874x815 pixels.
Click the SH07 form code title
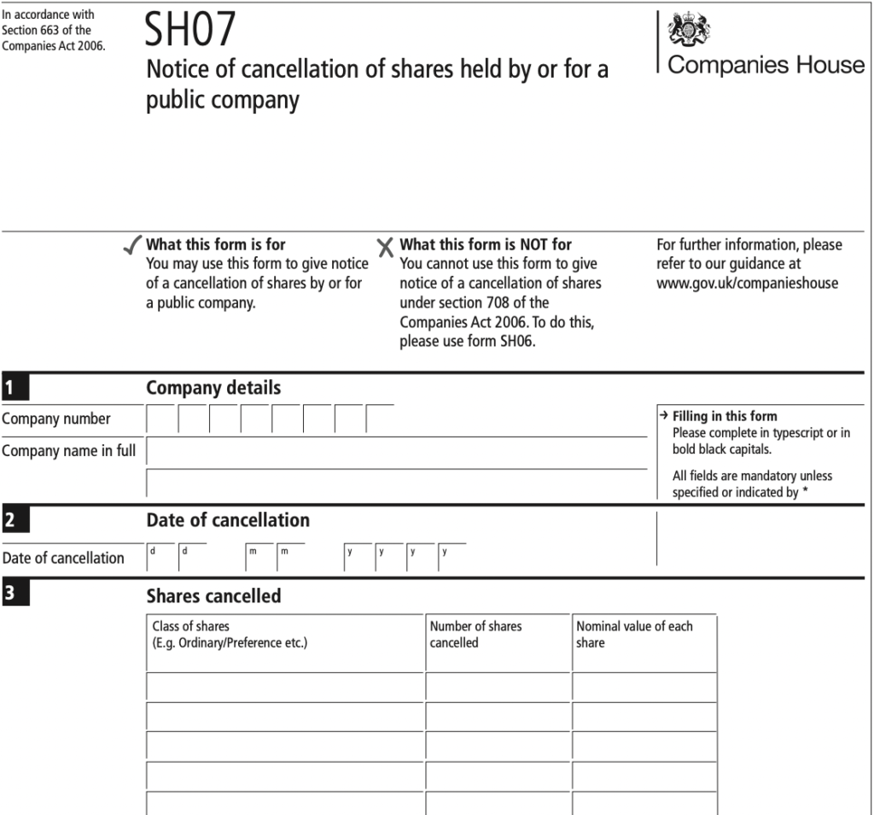(x=189, y=32)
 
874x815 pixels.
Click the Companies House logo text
(x=766, y=66)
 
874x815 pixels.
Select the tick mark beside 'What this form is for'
(x=131, y=247)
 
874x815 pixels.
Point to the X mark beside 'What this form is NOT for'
(x=386, y=248)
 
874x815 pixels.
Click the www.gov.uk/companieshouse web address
(x=747, y=284)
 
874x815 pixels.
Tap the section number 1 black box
(x=15, y=388)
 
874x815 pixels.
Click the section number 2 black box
(x=15, y=519)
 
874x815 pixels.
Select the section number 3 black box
(x=15, y=595)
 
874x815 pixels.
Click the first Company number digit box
(x=162, y=419)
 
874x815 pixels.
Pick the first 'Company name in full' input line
(x=397, y=450)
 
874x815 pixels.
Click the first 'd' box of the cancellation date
(x=160, y=557)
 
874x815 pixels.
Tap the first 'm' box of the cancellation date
(x=259, y=557)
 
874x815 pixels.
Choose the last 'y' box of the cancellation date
(x=452, y=557)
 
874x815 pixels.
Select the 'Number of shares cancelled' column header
(x=475, y=634)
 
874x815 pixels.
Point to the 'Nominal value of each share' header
(x=634, y=634)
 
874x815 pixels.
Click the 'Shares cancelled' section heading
(x=213, y=595)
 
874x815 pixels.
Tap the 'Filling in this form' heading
(x=725, y=416)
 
